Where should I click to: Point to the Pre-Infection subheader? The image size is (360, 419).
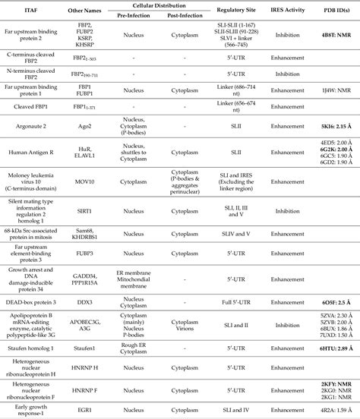coord(134,13)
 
